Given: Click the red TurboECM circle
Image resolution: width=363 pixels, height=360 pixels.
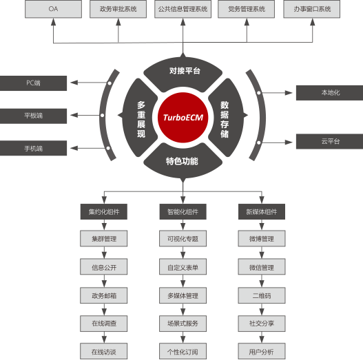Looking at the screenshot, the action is (x=183, y=117).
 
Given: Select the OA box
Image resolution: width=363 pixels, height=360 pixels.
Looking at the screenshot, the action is (x=53, y=9).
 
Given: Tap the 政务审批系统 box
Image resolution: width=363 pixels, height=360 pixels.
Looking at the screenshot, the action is (x=118, y=9).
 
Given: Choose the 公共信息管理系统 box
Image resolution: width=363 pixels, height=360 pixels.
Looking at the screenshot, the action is (x=183, y=9).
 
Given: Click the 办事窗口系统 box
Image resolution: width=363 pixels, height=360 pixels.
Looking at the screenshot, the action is (x=312, y=9).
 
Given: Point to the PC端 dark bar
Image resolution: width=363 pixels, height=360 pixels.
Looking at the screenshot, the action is (x=33, y=83).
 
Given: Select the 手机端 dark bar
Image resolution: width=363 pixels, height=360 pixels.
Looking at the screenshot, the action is (x=33, y=148).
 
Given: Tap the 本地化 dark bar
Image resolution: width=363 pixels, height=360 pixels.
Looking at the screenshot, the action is (x=330, y=93).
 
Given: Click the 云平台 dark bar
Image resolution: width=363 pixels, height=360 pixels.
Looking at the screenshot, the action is (x=330, y=141).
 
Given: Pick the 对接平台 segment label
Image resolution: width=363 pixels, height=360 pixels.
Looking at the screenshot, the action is (x=185, y=71).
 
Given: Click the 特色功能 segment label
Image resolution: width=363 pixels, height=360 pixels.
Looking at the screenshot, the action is (x=182, y=161).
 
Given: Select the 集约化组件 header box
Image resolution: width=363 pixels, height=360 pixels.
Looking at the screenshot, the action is (x=104, y=212).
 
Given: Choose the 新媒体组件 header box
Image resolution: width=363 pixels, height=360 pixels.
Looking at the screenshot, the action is (x=262, y=212).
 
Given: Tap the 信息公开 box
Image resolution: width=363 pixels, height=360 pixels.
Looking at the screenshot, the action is (x=104, y=267).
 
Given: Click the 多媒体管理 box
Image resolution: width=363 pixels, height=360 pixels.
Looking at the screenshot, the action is (x=183, y=295).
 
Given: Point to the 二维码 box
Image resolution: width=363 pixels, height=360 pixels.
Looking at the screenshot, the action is (x=262, y=295).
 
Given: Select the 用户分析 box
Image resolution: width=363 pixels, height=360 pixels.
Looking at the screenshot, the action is (x=262, y=352).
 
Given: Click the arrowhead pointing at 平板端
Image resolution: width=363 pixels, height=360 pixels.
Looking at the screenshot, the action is (x=74, y=115).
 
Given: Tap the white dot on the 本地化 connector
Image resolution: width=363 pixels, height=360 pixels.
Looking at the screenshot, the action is (x=259, y=93).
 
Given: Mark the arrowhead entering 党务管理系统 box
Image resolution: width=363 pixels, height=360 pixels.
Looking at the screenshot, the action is (x=247, y=22).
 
